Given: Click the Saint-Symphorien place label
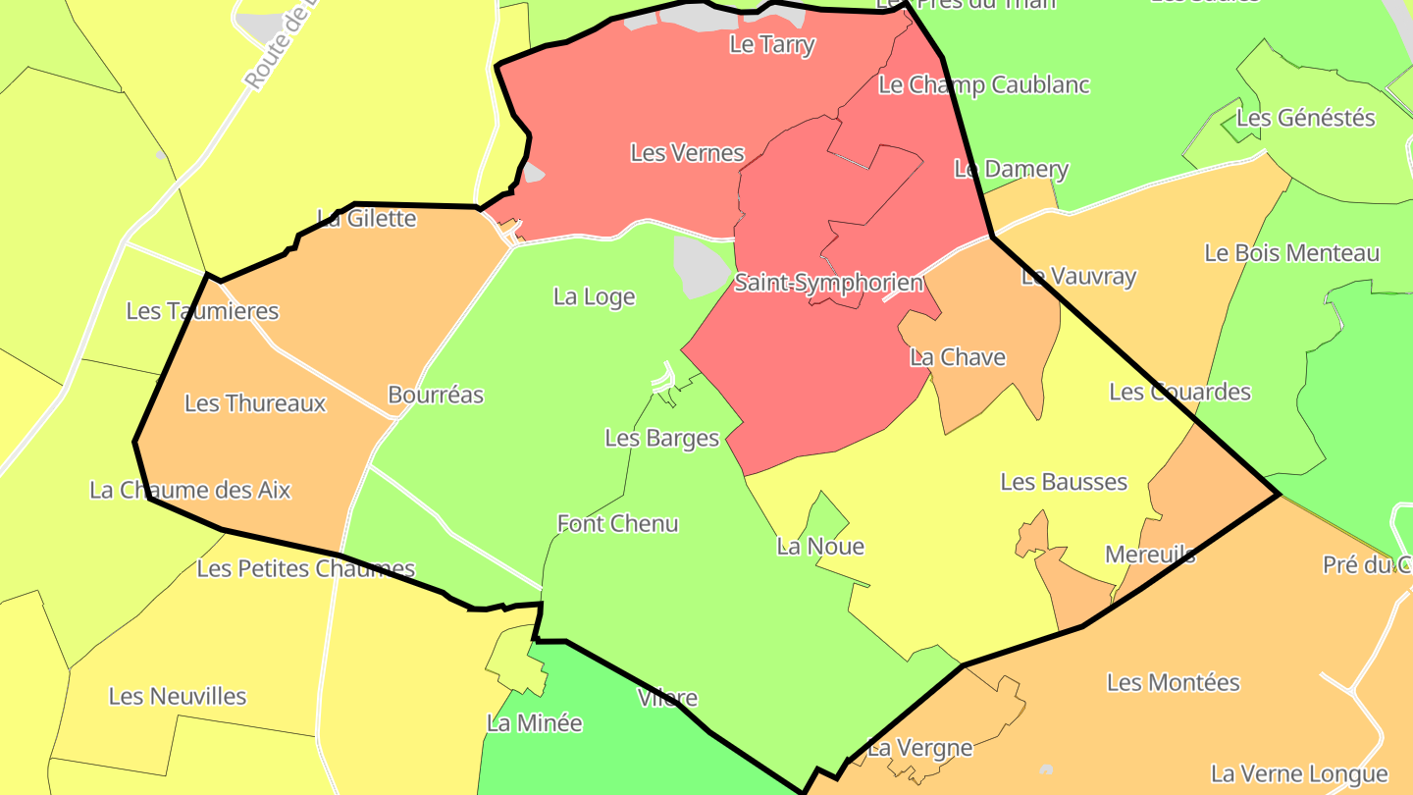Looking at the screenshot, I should [829, 283].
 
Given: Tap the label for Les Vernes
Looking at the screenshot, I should [687, 153].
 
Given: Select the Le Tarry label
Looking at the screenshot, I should [772, 44].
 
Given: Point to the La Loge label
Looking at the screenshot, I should [595, 296].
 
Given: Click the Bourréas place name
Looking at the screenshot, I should [436, 395].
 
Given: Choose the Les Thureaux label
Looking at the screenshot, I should [255, 403].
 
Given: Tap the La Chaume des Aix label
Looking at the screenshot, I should [190, 490].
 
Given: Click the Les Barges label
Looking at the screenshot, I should [662, 438].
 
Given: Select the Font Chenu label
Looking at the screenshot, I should [618, 523].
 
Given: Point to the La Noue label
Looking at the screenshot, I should [820, 547].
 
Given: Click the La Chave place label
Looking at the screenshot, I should [958, 357].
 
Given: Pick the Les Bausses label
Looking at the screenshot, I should [1064, 482].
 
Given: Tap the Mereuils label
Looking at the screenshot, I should [1150, 555].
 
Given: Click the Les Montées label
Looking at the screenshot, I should [1174, 682].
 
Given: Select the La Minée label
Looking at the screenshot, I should [535, 723].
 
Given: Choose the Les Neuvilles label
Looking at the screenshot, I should [178, 697].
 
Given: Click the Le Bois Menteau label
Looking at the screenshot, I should [1292, 253].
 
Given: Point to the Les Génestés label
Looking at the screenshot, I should [1306, 118].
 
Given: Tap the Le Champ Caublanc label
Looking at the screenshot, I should [984, 84].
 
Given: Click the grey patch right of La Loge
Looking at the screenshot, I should [699, 263].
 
